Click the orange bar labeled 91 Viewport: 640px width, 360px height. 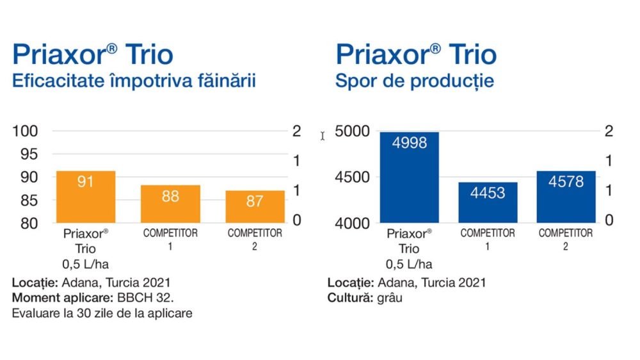tap(86, 197)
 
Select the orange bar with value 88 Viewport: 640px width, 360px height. tap(170, 204)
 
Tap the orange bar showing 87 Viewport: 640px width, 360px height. tap(255, 206)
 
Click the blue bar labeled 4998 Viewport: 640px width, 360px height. tap(409, 177)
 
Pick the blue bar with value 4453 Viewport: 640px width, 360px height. tap(488, 202)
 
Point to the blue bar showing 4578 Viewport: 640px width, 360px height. tap(566, 197)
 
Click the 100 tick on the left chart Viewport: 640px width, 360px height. tap(28, 131)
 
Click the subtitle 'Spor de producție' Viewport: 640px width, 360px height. tap(415, 82)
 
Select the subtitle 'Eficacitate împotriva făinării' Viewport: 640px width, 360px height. tap(134, 82)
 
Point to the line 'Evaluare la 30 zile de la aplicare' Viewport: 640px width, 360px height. tap(102, 314)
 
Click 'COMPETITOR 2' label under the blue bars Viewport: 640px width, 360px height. tap(566, 239)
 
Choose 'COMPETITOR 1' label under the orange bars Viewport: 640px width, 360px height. tap(170, 239)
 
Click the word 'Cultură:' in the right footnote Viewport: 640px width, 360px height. tap(348, 299)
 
